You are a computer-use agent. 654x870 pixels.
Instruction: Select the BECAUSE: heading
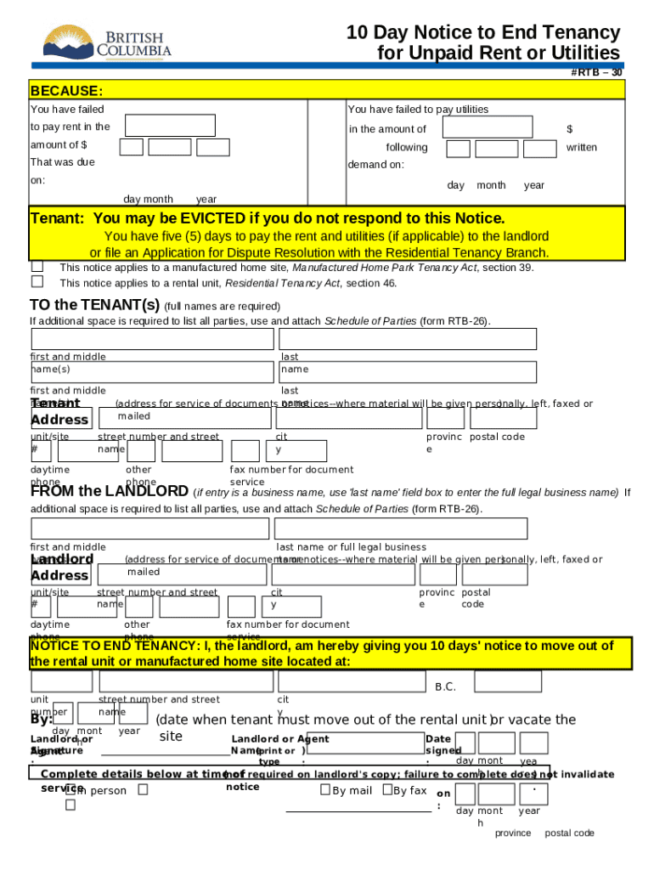[66, 91]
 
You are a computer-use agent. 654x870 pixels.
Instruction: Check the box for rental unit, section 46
[37, 281]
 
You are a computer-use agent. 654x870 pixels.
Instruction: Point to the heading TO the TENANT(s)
[94, 305]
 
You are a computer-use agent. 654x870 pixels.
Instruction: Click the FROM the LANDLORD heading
[110, 491]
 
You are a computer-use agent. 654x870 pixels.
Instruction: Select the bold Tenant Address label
[59, 411]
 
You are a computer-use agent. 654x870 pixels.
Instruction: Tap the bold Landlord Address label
[61, 568]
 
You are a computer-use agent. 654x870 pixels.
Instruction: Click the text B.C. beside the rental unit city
[445, 686]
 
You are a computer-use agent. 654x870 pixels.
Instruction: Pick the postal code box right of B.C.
[507, 681]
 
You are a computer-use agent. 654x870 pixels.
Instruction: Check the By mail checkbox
[324, 790]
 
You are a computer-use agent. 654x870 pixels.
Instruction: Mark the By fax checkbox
[387, 790]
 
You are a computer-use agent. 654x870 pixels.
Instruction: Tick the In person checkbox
[70, 790]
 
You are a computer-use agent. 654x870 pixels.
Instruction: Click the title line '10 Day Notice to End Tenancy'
[482, 32]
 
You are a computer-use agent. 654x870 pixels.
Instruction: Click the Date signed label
[438, 744]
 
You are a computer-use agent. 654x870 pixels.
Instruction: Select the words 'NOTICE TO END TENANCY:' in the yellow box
[114, 646]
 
